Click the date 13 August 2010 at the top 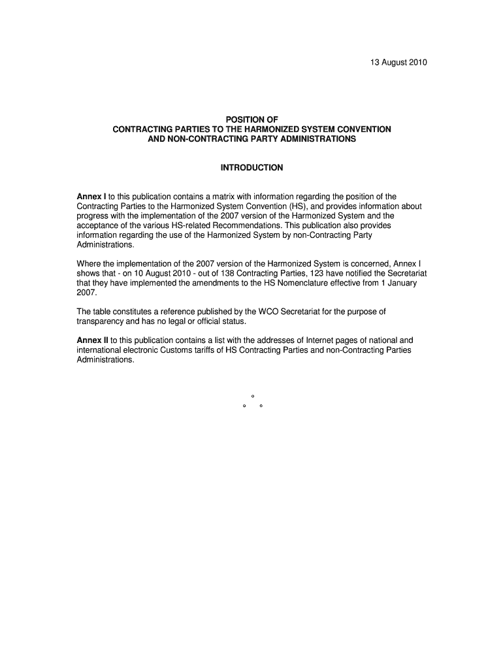(395, 63)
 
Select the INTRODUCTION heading (252, 168)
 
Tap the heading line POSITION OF (252, 120)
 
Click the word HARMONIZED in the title (283, 129)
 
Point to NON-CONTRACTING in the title (202, 139)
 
